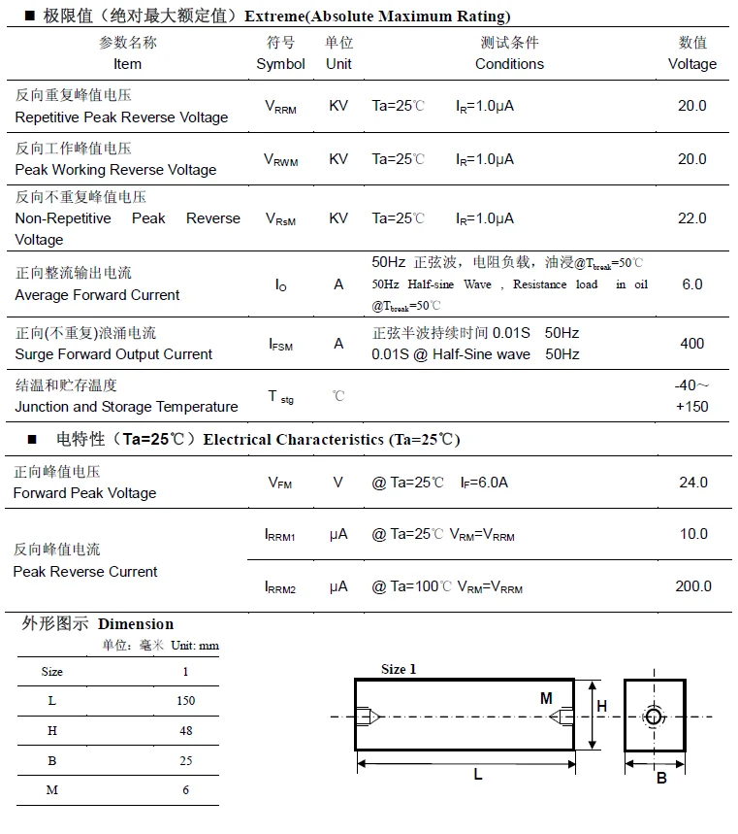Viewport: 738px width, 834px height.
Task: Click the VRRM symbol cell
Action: point(280,107)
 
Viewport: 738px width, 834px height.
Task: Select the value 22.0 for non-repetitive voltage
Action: point(691,218)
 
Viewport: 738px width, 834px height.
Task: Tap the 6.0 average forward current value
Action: point(691,284)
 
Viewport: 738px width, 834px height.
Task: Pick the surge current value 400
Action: point(691,344)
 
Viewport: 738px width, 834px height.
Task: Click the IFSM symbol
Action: point(280,345)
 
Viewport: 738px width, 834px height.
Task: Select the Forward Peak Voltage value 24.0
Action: point(691,483)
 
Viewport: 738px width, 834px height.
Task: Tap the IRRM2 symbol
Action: point(280,587)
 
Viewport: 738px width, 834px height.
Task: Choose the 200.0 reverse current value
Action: point(692,586)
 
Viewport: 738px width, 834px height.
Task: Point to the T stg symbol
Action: point(280,397)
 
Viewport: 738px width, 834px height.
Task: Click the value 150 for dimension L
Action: point(185,700)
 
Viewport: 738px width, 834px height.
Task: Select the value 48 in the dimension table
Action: point(185,730)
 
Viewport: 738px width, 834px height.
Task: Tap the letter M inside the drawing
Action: point(546,698)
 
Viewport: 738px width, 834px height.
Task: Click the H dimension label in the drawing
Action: point(601,707)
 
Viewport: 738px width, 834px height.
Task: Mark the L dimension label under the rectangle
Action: point(478,774)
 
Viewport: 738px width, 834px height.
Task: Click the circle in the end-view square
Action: point(655,717)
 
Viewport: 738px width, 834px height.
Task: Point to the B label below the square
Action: point(660,778)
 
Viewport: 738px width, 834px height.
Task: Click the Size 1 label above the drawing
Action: point(399,669)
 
